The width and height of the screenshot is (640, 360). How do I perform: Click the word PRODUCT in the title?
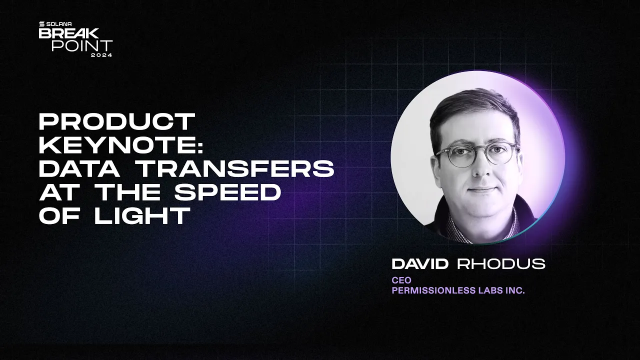point(116,121)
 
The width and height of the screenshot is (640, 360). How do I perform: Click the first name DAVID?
point(420,264)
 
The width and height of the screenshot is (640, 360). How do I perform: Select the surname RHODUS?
point(501,264)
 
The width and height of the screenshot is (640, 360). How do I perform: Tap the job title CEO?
point(401,280)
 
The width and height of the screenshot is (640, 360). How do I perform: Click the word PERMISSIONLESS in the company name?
point(432,290)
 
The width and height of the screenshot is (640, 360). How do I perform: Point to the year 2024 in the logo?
point(101,55)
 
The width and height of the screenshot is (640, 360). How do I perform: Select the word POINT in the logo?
point(82,45)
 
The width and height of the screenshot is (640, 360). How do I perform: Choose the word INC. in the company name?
point(515,290)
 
